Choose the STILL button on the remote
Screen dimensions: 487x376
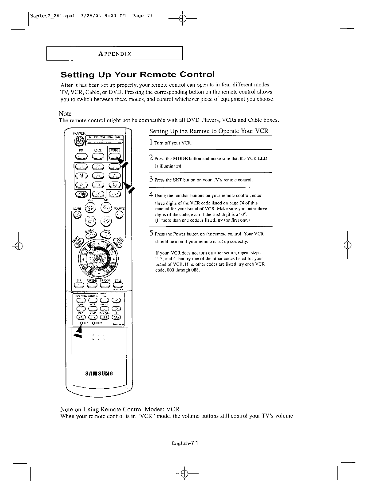(118, 285)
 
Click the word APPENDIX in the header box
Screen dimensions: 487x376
(115, 54)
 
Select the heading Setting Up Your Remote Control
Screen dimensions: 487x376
(137, 75)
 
